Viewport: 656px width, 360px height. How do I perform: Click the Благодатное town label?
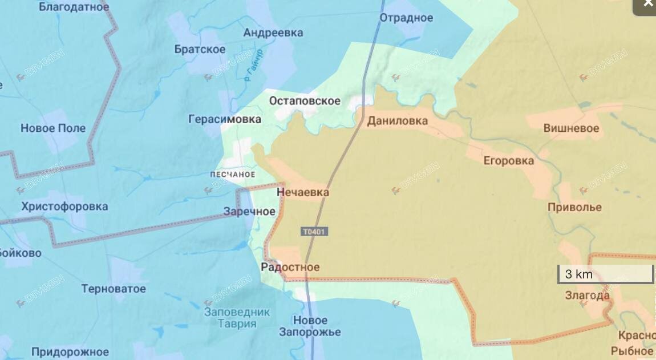click(74, 7)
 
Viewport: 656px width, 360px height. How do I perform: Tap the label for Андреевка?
click(273, 33)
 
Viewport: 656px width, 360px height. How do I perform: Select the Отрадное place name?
click(407, 18)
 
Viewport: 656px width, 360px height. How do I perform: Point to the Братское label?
click(200, 50)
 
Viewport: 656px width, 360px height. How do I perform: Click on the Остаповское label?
click(305, 101)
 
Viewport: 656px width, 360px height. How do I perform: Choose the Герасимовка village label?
click(225, 119)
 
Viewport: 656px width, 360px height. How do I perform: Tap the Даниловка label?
click(398, 121)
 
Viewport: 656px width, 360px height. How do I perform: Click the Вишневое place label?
click(571, 128)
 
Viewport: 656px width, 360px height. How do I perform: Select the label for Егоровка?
click(509, 160)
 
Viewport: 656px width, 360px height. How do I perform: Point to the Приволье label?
click(574, 207)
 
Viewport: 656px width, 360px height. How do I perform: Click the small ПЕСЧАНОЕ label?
click(233, 175)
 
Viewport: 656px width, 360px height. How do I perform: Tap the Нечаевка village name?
click(303, 193)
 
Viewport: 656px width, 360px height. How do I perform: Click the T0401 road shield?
click(314, 232)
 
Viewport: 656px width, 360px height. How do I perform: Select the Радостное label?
click(290, 267)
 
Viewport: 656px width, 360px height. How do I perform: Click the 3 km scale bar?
click(605, 274)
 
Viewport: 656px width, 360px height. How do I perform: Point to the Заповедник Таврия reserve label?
click(237, 318)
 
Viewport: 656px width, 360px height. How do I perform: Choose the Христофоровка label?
click(64, 207)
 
